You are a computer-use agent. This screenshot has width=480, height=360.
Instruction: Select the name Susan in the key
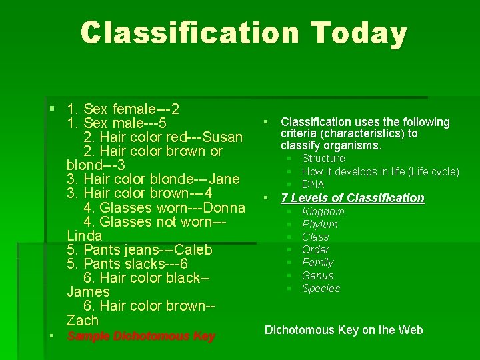click(x=223, y=137)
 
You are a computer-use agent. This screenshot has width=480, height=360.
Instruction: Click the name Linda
click(x=85, y=235)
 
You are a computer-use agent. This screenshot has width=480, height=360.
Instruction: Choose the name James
click(x=88, y=292)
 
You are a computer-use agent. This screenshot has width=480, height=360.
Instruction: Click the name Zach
click(x=83, y=320)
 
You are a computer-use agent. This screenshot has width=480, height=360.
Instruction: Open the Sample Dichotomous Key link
click(x=141, y=336)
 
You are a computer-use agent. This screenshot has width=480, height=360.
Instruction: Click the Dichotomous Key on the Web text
click(x=344, y=330)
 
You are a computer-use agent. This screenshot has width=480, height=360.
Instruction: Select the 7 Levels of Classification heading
click(x=353, y=198)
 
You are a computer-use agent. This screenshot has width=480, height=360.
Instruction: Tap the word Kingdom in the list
click(x=323, y=212)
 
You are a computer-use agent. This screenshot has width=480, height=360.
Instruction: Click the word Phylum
click(x=320, y=225)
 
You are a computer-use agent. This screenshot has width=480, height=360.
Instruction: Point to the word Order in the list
click(x=315, y=250)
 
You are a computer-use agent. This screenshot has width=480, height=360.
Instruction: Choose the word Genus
click(x=317, y=275)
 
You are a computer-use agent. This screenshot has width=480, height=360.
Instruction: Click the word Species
click(x=321, y=289)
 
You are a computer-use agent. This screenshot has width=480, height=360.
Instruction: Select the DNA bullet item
click(x=313, y=184)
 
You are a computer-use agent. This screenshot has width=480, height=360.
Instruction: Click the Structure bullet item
click(x=323, y=159)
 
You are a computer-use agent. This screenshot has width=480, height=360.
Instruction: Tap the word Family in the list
click(x=317, y=263)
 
